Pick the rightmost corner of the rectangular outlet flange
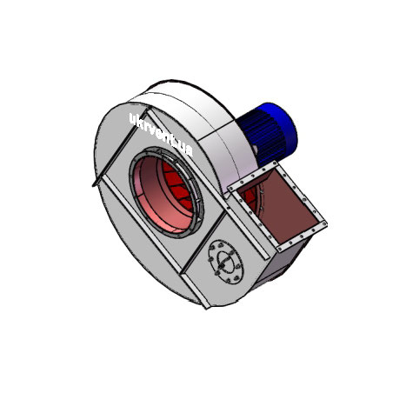pos(328,224)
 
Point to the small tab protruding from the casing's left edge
pos(91,183)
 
